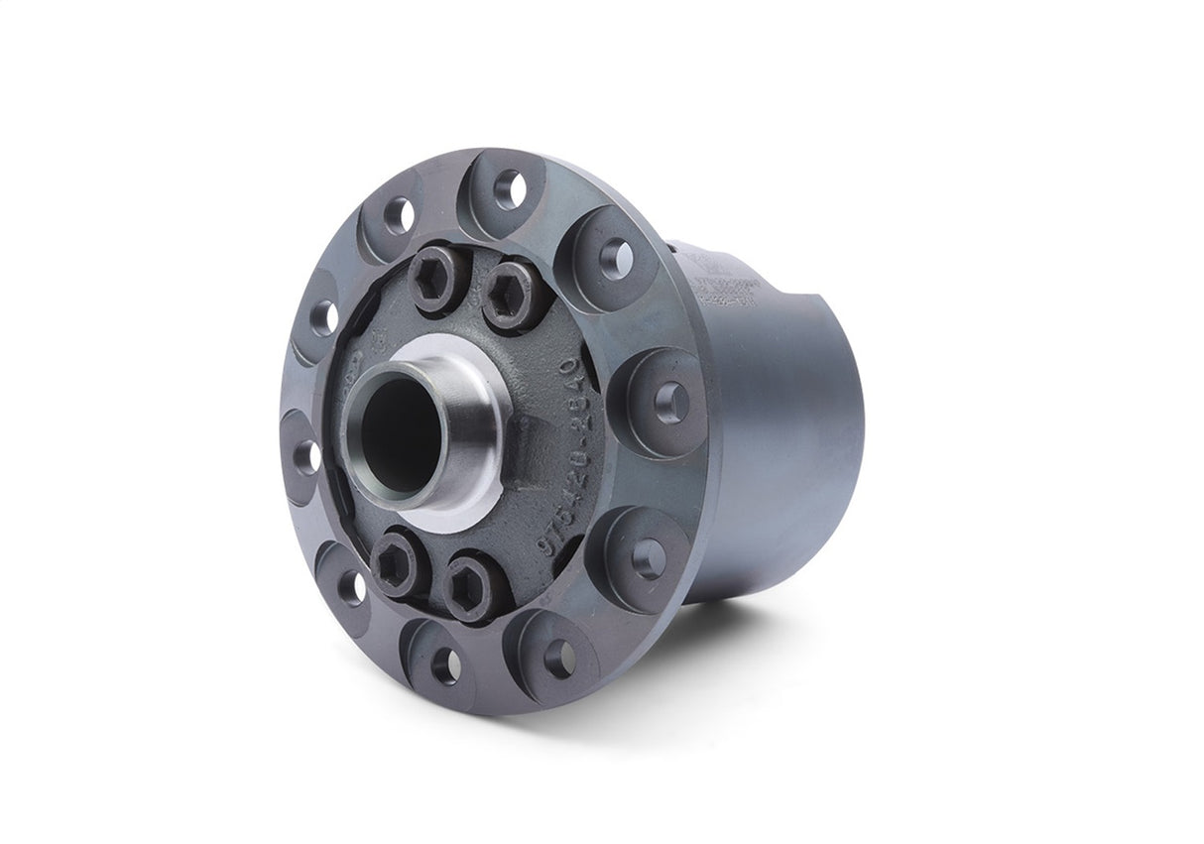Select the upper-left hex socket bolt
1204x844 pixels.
tap(436, 279)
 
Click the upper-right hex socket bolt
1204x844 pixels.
tap(510, 294)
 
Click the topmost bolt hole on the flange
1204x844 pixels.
tap(510, 188)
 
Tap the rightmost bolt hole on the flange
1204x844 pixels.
tap(671, 401)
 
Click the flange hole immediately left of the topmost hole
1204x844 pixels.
tap(399, 214)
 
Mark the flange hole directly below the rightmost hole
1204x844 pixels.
tap(649, 558)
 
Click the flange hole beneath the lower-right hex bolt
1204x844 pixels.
tap(559, 659)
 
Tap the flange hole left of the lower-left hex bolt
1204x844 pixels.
tap(351, 587)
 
